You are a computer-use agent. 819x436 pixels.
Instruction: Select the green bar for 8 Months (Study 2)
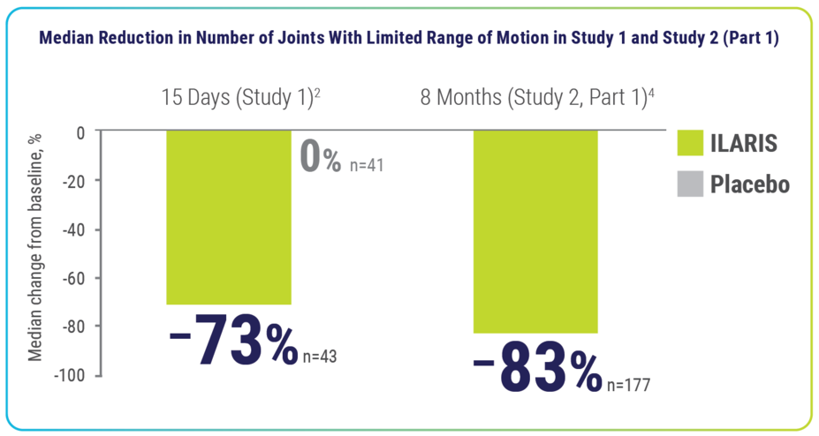tap(535, 231)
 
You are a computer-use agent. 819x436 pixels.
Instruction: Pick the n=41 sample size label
tap(365, 164)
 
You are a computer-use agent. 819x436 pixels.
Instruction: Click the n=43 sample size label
tap(319, 357)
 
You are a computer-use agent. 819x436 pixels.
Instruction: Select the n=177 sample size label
tap(629, 385)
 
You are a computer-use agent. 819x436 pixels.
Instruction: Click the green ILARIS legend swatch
tap(689, 143)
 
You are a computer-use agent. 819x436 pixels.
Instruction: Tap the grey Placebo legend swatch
tap(689, 184)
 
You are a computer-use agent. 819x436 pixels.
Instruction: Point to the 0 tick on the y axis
tap(80, 132)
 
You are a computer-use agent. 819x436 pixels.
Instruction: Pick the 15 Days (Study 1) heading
tap(239, 96)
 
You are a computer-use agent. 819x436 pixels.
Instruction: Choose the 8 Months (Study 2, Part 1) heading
tap(537, 96)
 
